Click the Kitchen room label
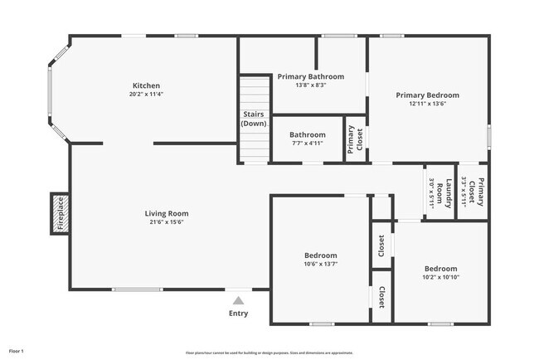tap(146, 85)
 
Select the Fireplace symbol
tap(60, 213)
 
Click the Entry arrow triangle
tap(238, 300)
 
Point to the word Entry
tap(238, 314)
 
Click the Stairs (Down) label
tap(254, 119)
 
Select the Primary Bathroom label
tap(311, 76)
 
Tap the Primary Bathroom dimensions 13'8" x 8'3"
tap(311, 85)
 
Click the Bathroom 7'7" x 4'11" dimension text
tap(307, 143)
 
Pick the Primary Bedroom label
tap(427, 95)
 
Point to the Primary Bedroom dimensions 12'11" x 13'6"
tap(427, 104)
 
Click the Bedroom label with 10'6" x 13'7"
tap(320, 255)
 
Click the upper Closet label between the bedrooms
tap(381, 245)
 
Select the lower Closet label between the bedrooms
tap(381, 296)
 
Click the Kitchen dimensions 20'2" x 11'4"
tap(146, 95)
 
